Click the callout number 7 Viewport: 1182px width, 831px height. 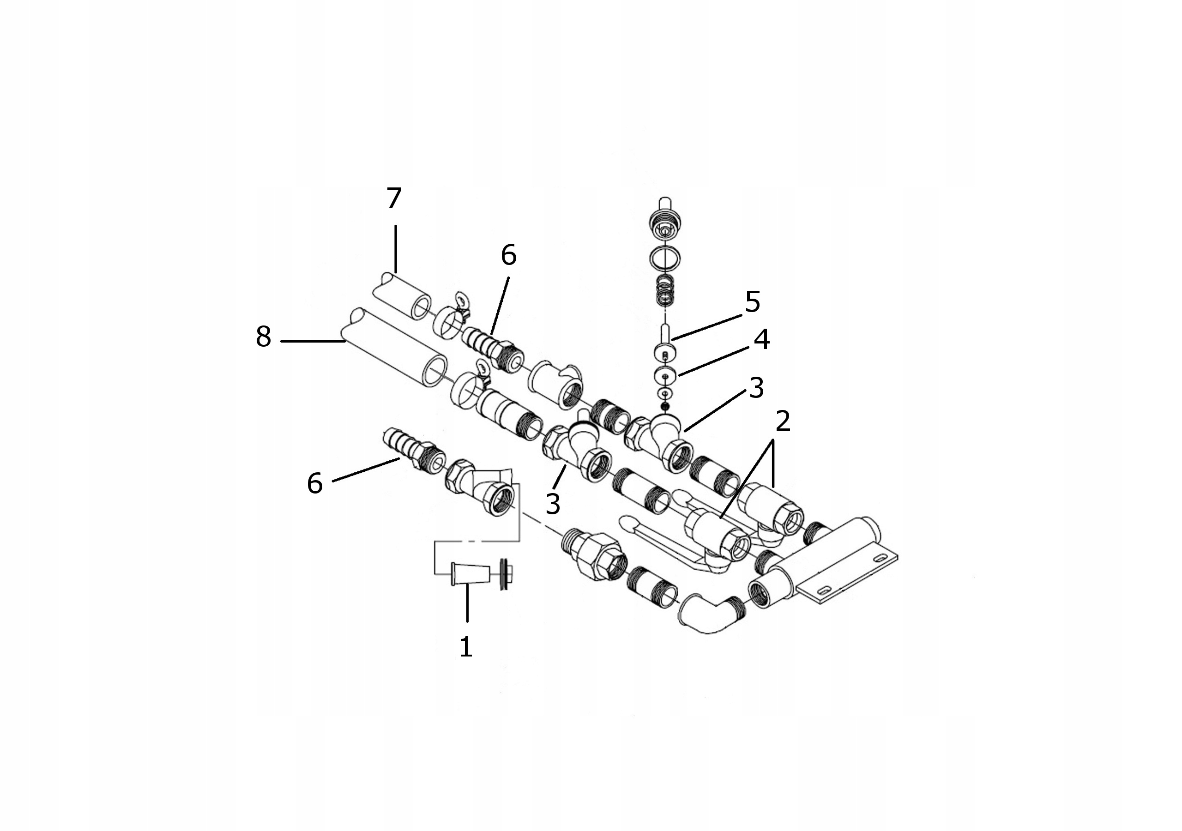coord(394,198)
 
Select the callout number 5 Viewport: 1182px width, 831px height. coord(752,302)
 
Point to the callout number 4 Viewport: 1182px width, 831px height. coord(761,340)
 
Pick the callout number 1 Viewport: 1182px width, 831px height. coord(466,647)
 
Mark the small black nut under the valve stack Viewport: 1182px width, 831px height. coord(665,407)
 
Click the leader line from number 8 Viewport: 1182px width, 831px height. coord(313,341)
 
